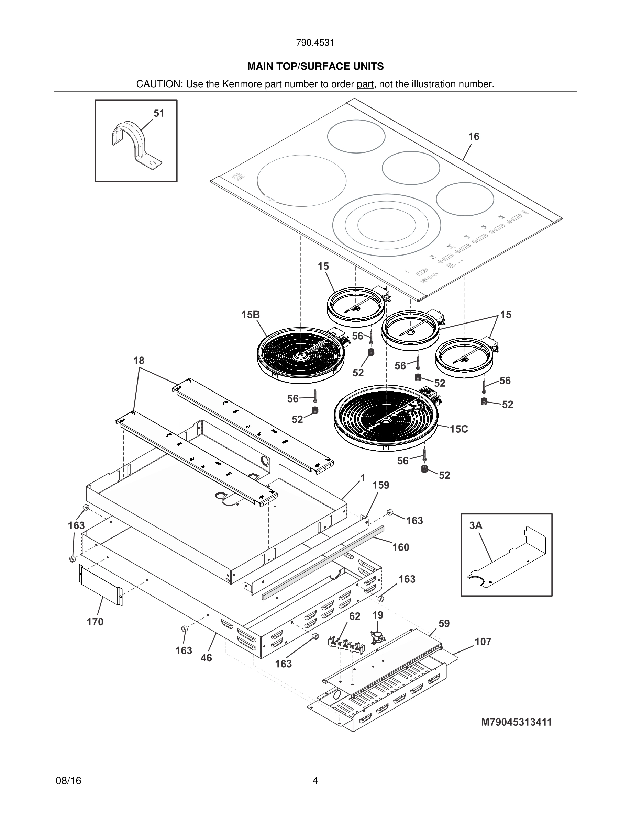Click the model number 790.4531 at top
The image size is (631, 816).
[x=315, y=43]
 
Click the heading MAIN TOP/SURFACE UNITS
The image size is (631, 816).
[x=315, y=67]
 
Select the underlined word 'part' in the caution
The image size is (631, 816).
[x=365, y=84]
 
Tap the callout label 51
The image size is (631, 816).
[x=159, y=114]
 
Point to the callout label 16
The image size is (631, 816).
[x=474, y=137]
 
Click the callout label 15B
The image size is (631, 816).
[x=250, y=315]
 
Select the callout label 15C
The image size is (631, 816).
[x=459, y=429]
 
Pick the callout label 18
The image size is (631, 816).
[x=139, y=361]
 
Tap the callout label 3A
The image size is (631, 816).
[x=476, y=526]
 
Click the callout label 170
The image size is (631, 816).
[x=95, y=622]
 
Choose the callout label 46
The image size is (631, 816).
[x=206, y=658]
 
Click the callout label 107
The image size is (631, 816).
[x=483, y=642]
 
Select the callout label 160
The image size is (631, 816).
[x=401, y=547]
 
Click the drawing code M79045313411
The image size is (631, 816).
[x=516, y=722]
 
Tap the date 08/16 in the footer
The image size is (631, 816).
[x=68, y=781]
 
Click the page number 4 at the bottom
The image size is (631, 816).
[x=315, y=781]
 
